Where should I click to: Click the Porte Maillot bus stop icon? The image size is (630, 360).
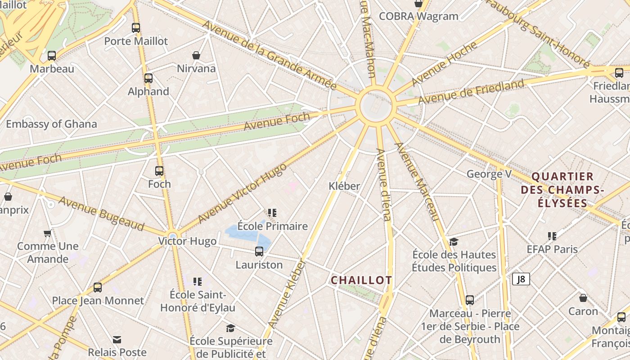pyautogui.click(x=136, y=27)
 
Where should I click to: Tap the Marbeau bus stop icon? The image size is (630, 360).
pyautogui.click(x=52, y=56)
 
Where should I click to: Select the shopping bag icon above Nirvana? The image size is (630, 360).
pyautogui.click(x=196, y=55)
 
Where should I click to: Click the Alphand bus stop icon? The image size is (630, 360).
pyautogui.click(x=148, y=78)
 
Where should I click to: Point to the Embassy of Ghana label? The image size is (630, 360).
pyautogui.click(x=51, y=124)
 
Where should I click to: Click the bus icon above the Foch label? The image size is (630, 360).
pyautogui.click(x=159, y=171)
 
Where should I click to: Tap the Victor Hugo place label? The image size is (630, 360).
pyautogui.click(x=187, y=241)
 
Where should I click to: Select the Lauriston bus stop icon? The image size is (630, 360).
pyautogui.click(x=259, y=252)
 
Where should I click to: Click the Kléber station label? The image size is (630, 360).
pyautogui.click(x=344, y=186)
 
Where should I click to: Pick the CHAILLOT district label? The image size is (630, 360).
pyautogui.click(x=361, y=280)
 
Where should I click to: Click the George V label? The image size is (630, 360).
pyautogui.click(x=489, y=174)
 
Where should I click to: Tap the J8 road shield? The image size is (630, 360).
pyautogui.click(x=521, y=279)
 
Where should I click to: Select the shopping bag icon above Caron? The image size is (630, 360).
pyautogui.click(x=583, y=298)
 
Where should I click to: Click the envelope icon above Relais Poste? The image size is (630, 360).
pyautogui.click(x=117, y=339)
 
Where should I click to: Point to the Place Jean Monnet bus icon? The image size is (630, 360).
pyautogui.click(x=98, y=288)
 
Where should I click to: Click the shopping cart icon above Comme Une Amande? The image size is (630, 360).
pyautogui.click(x=47, y=233)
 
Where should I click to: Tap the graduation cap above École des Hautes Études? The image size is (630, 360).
pyautogui.click(x=454, y=242)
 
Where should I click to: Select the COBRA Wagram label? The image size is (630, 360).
pyautogui.click(x=418, y=16)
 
